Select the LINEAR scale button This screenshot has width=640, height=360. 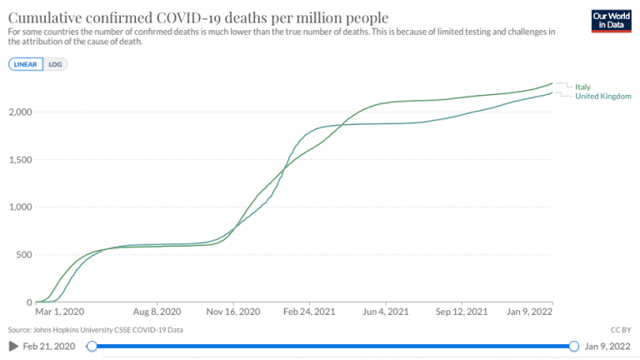[x=25, y=63]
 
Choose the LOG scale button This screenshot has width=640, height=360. [x=55, y=63]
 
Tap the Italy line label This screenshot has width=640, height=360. [x=582, y=86]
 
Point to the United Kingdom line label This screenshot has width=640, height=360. [x=603, y=96]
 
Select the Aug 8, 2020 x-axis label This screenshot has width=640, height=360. [x=157, y=312]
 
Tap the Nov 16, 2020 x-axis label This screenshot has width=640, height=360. [x=233, y=312]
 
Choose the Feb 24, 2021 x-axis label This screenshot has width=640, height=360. [x=310, y=312]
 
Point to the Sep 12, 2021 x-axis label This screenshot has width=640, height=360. [x=462, y=312]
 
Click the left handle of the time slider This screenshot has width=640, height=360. [x=92, y=346]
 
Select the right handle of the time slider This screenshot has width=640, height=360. [x=574, y=346]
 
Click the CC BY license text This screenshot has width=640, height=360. [x=622, y=330]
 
